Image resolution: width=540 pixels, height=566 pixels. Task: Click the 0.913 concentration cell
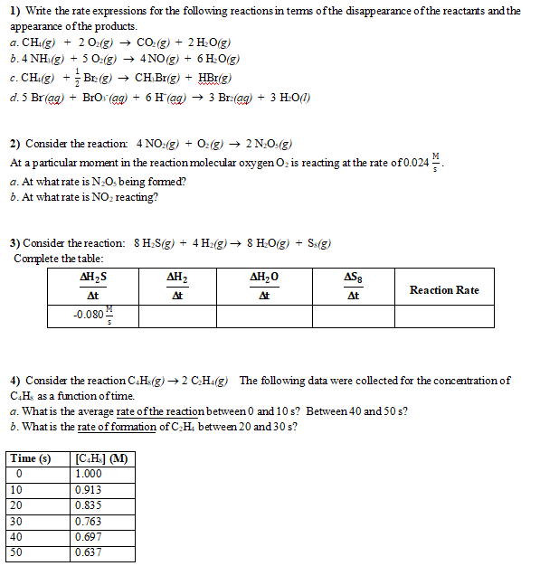[x=89, y=489]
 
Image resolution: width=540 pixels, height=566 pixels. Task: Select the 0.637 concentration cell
[x=89, y=552]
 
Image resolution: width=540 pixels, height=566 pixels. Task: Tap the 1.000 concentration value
[x=89, y=473]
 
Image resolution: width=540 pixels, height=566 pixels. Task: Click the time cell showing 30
[x=16, y=521]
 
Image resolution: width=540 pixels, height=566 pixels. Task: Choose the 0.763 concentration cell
[x=89, y=521]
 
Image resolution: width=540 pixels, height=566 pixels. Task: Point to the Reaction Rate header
[x=444, y=290]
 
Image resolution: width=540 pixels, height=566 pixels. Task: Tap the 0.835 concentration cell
[x=89, y=505]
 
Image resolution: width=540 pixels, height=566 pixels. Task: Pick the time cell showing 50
[x=16, y=552]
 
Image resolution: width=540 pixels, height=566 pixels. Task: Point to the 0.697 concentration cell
[x=89, y=536]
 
